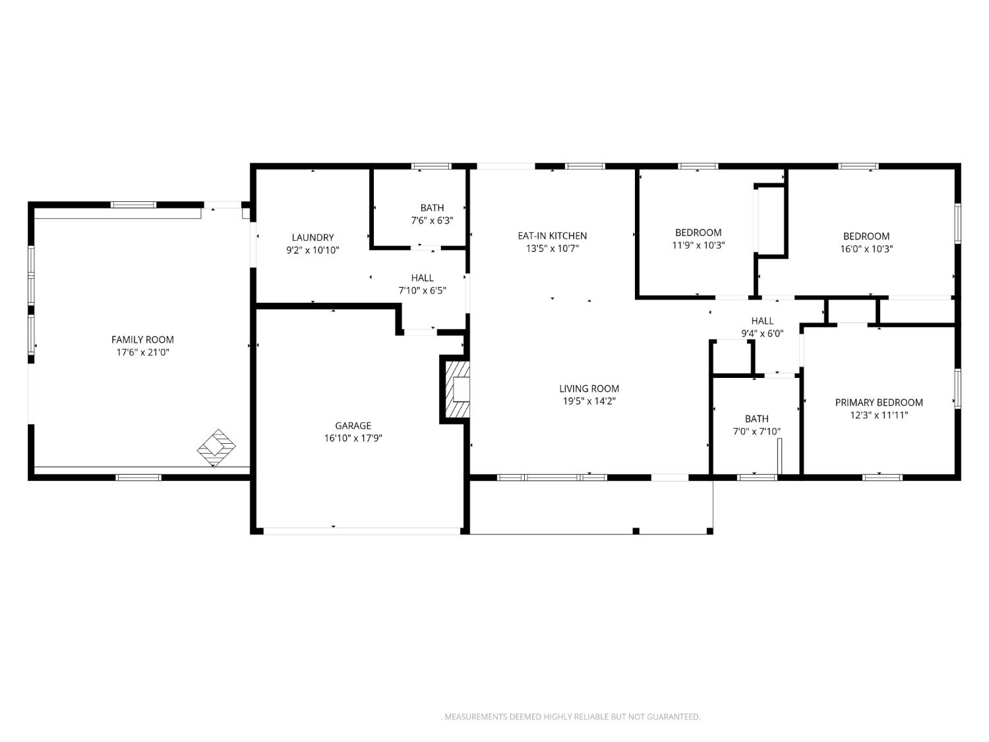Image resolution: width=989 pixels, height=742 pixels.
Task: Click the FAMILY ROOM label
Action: (142, 340)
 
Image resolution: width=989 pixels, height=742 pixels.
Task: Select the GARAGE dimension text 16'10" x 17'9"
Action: (353, 438)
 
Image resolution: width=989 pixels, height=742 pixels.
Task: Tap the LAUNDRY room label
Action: (313, 237)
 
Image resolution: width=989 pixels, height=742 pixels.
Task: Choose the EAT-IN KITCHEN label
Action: (552, 235)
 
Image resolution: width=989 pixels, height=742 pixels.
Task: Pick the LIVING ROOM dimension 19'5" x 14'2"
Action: (589, 401)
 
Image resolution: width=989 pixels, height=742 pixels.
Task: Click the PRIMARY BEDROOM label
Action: (878, 402)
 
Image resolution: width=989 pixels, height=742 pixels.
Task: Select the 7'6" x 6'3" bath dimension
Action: (432, 220)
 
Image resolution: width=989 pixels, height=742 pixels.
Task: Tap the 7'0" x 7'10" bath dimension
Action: (756, 431)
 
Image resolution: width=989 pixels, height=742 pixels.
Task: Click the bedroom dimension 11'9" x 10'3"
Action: (698, 245)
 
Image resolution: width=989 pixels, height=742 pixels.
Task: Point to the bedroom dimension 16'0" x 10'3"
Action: (866, 249)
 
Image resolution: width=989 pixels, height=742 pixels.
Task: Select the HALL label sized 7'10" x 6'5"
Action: (422, 278)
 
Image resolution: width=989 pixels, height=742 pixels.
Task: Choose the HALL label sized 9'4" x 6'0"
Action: (762, 321)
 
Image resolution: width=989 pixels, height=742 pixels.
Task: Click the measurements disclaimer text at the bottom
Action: (571, 716)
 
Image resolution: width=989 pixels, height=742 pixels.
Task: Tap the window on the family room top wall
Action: (133, 204)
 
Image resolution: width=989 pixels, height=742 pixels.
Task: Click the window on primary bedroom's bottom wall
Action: (882, 477)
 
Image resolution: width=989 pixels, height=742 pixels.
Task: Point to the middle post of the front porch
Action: (636, 531)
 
